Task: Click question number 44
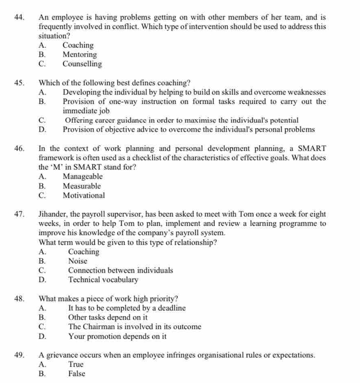[20, 18]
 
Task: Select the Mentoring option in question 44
[79, 55]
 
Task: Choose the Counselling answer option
[82, 64]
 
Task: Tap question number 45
[20, 82]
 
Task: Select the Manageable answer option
[82, 176]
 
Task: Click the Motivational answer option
[84, 195]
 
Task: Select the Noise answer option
[78, 261]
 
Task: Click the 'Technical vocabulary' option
[103, 280]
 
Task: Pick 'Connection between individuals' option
[121, 271]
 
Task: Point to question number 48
[20, 298]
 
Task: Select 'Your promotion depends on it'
[117, 336]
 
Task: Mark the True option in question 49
[76, 364]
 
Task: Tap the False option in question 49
[77, 373]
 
